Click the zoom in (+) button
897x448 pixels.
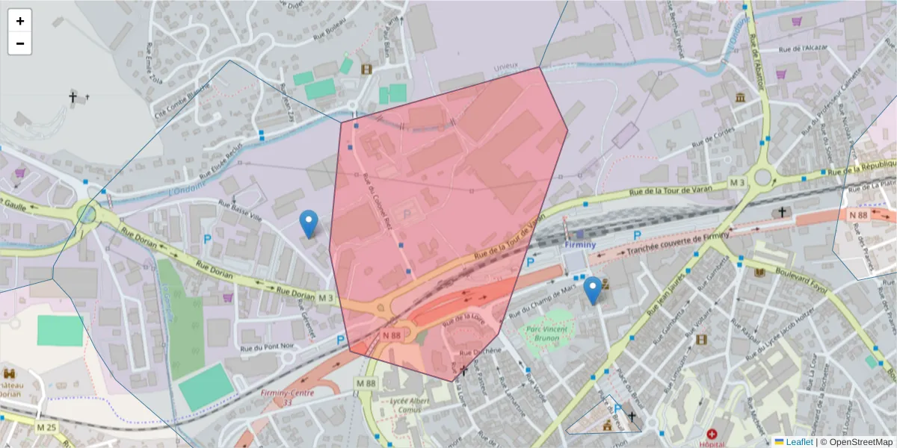(x=20, y=21)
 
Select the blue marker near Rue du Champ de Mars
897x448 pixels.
(x=593, y=290)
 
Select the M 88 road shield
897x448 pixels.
(x=366, y=384)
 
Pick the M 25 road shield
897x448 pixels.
(x=46, y=427)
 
